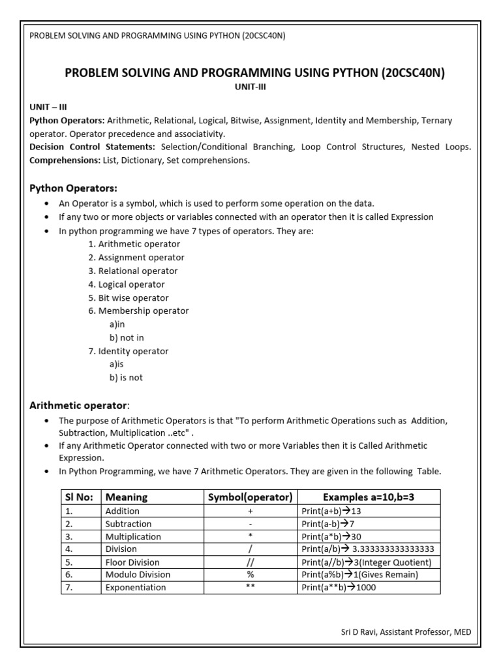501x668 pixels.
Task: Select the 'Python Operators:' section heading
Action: (x=74, y=188)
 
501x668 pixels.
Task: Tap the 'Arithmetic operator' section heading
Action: (x=79, y=405)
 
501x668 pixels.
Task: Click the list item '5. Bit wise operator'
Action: (x=129, y=297)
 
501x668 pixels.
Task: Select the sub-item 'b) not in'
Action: (x=127, y=337)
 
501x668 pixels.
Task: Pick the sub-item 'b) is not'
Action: (x=126, y=377)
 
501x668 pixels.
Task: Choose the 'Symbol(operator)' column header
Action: (x=249, y=497)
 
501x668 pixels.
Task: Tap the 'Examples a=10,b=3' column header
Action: (x=369, y=497)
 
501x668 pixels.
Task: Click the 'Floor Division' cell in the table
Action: (x=132, y=562)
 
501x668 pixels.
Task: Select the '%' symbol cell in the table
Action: (x=249, y=575)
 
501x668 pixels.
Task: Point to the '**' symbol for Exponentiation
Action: (x=249, y=587)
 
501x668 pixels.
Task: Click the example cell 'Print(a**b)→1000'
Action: (x=339, y=587)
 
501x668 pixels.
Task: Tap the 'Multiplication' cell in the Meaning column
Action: (x=133, y=536)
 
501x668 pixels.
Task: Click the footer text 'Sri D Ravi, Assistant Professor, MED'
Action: (x=406, y=631)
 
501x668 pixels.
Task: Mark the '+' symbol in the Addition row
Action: (x=249, y=511)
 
